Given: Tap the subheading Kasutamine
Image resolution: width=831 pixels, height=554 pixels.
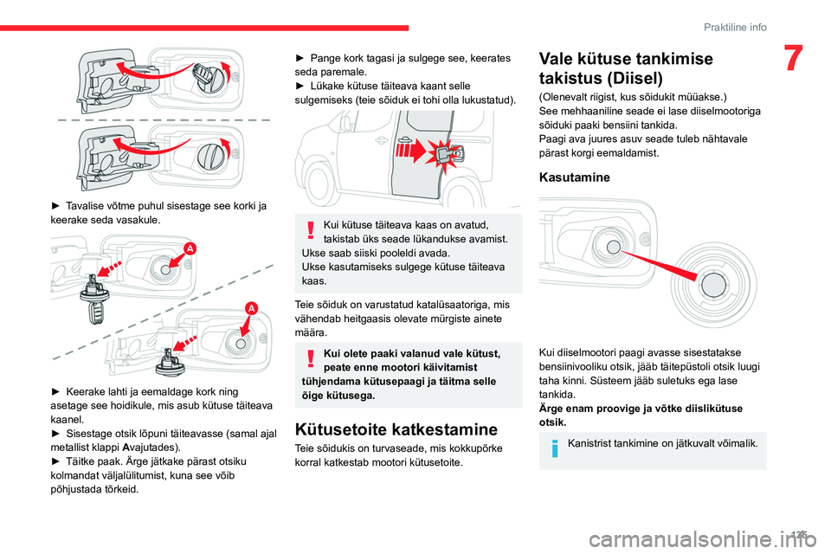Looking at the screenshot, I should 575,177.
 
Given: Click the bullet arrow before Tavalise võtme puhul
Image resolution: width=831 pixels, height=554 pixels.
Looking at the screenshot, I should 56,206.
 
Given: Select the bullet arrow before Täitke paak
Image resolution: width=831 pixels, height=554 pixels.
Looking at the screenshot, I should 56,462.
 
